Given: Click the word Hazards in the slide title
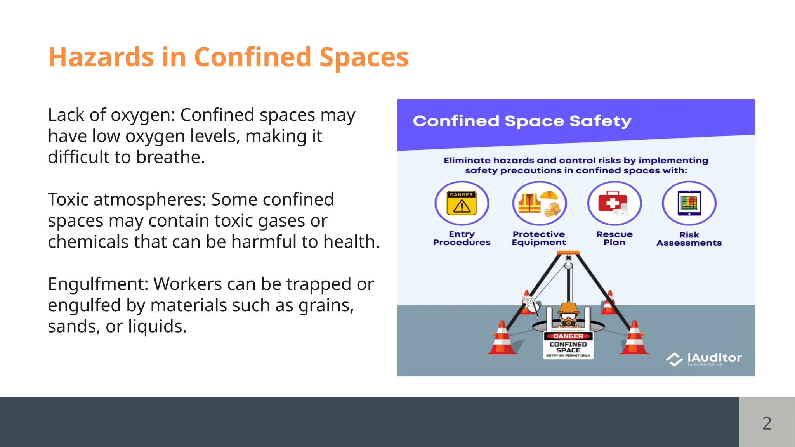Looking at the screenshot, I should click(101, 57).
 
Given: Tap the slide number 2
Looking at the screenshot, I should click(767, 423).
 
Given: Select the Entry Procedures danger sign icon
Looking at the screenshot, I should click(462, 203).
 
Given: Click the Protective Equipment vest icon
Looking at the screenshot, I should click(529, 203).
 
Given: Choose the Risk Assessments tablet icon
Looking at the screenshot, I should click(689, 203).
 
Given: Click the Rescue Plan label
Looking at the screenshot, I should click(614, 238).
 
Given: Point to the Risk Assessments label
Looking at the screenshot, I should click(689, 239).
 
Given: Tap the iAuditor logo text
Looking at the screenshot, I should click(714, 358).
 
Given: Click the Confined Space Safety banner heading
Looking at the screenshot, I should click(522, 121).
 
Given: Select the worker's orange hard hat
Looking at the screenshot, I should click(569, 308).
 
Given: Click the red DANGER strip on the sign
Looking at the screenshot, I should click(568, 336).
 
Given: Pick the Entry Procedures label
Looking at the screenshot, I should click(462, 238).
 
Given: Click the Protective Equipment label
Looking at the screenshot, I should click(539, 238).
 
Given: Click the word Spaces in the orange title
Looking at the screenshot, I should click(364, 57).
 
